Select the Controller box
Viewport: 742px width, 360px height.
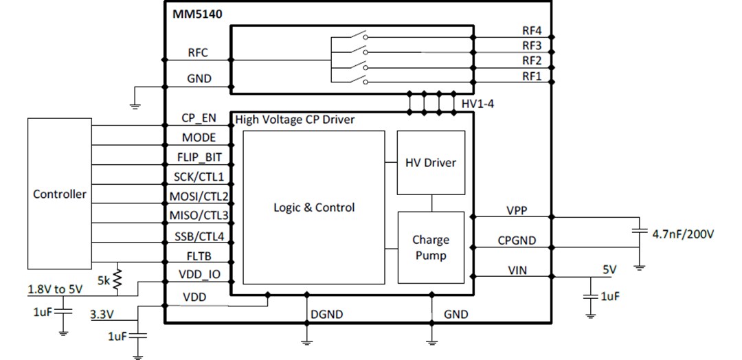(x=60, y=194)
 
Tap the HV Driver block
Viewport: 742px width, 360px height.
(x=431, y=163)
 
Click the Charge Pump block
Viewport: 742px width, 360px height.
(x=431, y=247)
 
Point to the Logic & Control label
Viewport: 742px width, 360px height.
(x=314, y=207)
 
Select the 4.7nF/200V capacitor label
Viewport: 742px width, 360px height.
(x=683, y=234)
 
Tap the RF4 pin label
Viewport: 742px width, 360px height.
(x=532, y=31)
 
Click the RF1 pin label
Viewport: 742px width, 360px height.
(x=532, y=76)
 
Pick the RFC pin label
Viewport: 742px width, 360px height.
(x=198, y=53)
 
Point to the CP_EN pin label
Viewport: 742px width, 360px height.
(x=199, y=117)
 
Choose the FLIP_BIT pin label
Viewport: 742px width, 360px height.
(x=199, y=157)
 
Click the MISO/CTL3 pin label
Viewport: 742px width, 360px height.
(x=199, y=216)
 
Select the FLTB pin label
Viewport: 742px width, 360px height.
(x=199, y=256)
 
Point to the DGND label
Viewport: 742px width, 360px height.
(x=326, y=315)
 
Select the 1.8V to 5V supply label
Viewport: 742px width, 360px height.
(x=56, y=289)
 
